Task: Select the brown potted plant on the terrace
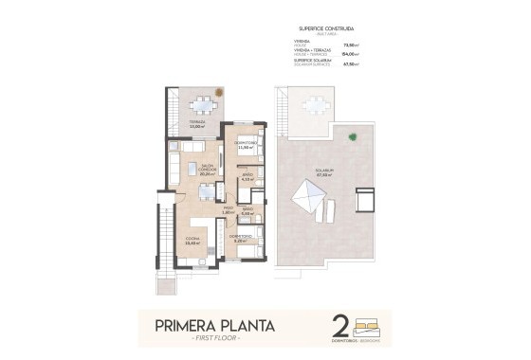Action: [218, 92]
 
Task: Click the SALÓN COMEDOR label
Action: [208, 171]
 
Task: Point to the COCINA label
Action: [191, 241]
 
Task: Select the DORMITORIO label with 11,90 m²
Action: [247, 145]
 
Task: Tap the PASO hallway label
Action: [228, 210]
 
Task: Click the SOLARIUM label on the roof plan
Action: [324, 172]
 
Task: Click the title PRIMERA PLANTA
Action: [215, 327]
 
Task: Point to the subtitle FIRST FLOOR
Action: [215, 339]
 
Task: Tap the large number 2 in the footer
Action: [339, 329]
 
